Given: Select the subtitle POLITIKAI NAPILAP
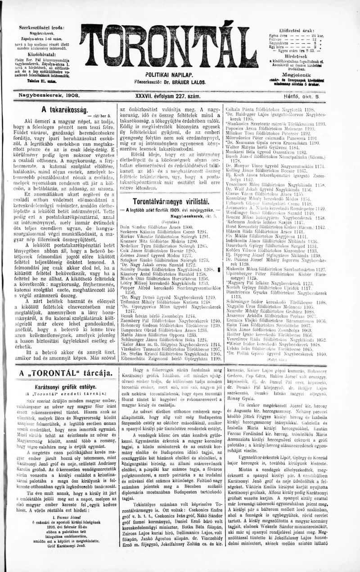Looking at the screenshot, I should (x=169, y=75).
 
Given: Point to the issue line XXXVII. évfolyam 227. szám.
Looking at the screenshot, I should (x=167, y=96).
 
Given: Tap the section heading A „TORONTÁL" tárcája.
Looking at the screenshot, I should (x=66, y=373).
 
